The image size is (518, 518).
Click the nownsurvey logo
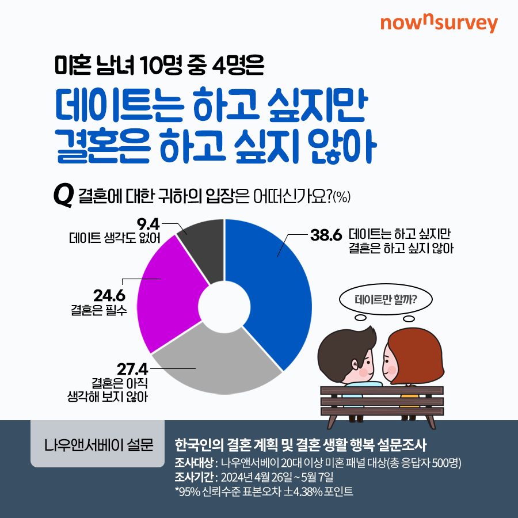coord(439,24)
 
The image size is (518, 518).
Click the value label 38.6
coord(326,235)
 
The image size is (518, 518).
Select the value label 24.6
coord(109,296)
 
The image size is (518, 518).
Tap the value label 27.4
coord(132,370)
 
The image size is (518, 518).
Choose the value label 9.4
coord(148,224)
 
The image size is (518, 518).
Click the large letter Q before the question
coord(63,196)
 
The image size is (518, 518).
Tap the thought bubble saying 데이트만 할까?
coord(386,300)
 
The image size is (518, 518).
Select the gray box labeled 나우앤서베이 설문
coord(97,444)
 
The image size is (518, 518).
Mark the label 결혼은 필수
coord(99,310)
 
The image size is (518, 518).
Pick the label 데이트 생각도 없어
coord(115,238)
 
